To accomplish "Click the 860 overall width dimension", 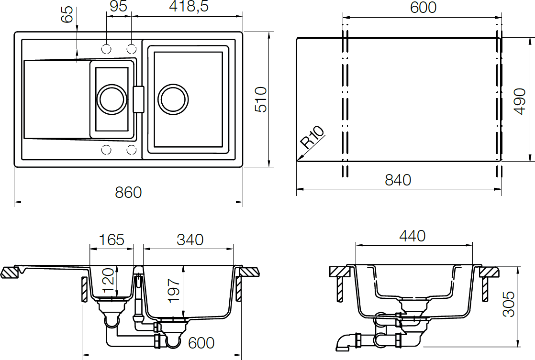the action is click(x=128, y=193).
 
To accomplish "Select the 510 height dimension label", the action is click(x=261, y=99).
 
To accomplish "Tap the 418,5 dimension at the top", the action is click(x=189, y=6).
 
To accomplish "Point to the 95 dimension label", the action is click(x=119, y=6).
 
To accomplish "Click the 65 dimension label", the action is click(x=67, y=14).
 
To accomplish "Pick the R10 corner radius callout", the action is click(x=312, y=137).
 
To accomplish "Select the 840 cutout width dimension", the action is click(x=398, y=180).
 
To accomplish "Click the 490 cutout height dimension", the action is click(x=520, y=101).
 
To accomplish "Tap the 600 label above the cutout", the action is click(x=423, y=8).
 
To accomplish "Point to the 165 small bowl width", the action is click(x=111, y=240).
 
